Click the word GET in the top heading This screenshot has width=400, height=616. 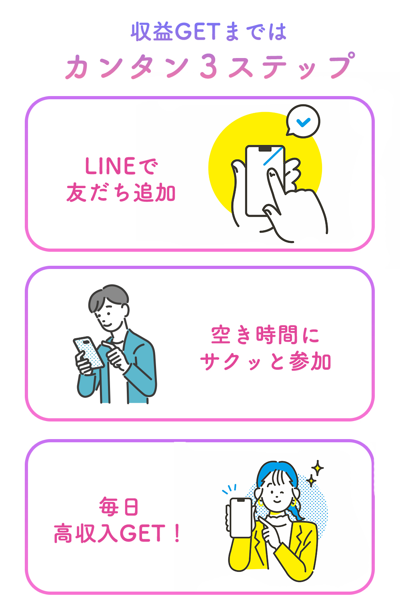(x=198, y=32)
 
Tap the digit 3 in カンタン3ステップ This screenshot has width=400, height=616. (x=208, y=66)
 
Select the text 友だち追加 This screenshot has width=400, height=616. (x=121, y=193)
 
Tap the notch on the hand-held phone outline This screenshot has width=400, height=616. (x=265, y=148)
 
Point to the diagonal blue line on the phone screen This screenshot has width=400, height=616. (x=273, y=156)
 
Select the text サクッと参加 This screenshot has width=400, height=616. (x=265, y=362)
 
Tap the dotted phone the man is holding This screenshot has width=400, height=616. (x=89, y=352)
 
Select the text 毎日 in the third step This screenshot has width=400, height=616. (x=119, y=507)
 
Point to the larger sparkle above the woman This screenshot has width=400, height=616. (x=318, y=468)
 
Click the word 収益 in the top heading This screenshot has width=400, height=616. (x=152, y=32)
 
